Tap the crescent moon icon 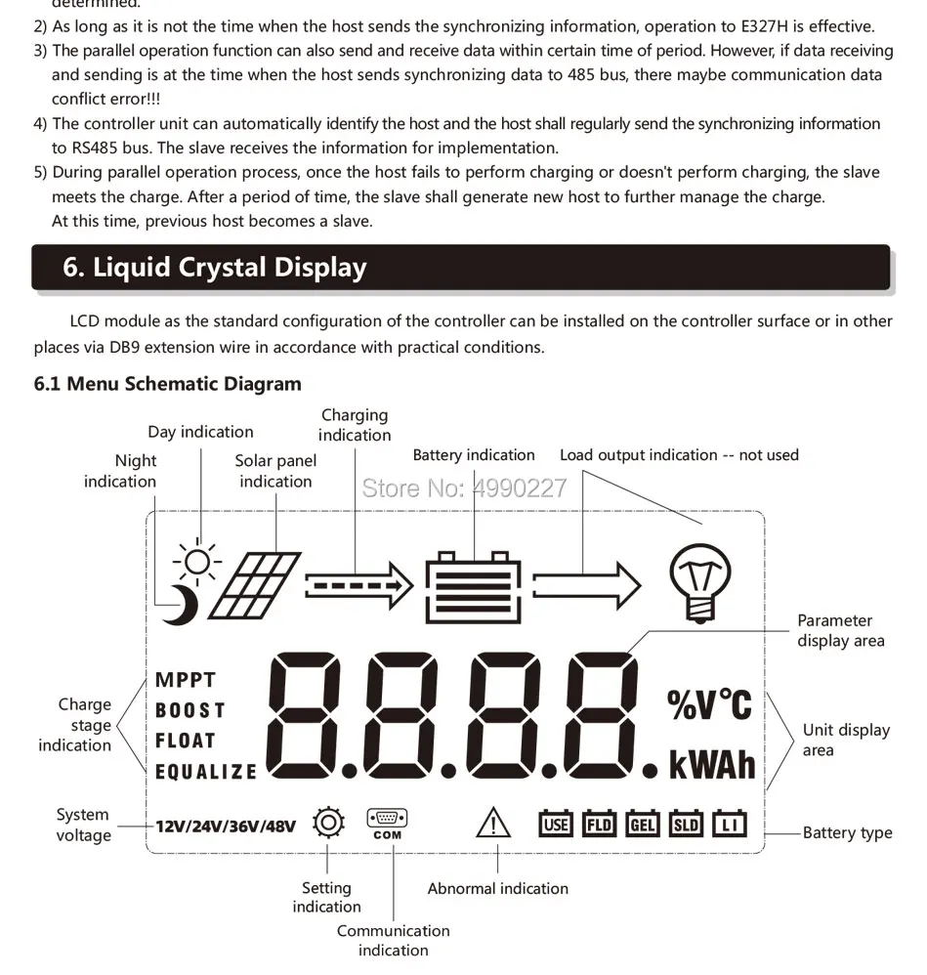pos(183,605)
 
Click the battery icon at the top pos(474,584)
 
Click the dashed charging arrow pos(358,586)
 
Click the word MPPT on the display pos(186,680)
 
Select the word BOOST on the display pos(190,710)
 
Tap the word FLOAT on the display pos(186,741)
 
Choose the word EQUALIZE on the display pos(206,772)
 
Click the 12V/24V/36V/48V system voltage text pos(226,827)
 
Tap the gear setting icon pos(329,824)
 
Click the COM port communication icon pos(387,824)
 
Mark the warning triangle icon pos(493,825)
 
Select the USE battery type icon pos(556,824)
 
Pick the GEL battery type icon pos(643,824)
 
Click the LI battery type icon pos(729,824)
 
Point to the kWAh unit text pos(712,765)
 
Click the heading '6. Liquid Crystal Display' pos(215,268)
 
